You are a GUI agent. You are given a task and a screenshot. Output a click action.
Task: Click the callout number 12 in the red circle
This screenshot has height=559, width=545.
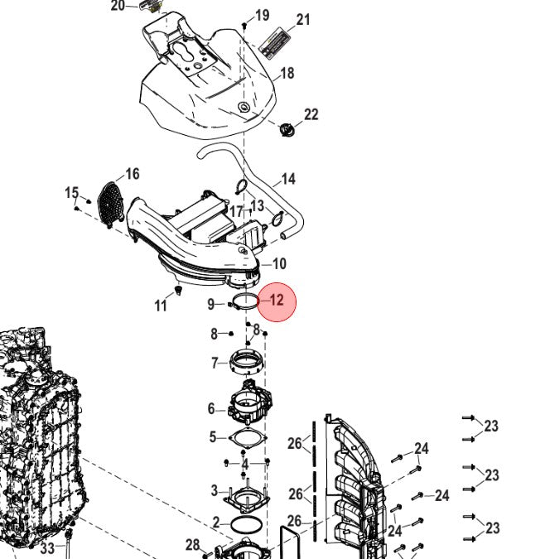point(277,300)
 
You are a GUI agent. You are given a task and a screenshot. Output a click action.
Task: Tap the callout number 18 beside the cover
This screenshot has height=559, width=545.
point(287,74)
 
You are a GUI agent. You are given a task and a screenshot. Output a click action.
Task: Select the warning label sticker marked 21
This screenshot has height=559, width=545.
point(274,43)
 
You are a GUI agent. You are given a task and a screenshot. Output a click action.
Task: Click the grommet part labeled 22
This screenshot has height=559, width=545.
point(287,130)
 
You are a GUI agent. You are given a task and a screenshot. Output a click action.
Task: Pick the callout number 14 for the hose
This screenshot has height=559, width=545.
point(288,179)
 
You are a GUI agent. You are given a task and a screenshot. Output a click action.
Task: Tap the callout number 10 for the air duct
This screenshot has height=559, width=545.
point(279,264)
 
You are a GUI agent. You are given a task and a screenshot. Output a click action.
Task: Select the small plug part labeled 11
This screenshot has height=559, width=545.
point(178,290)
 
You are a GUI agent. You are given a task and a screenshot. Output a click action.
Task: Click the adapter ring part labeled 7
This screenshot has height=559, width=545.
point(248,362)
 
